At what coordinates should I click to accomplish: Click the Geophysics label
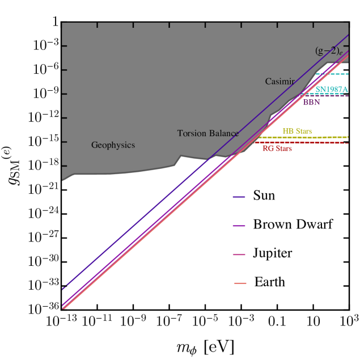113,145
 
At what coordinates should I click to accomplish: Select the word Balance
223,134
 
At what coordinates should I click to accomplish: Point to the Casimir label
279,82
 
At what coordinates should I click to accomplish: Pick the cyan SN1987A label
332,90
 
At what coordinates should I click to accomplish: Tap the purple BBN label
311,103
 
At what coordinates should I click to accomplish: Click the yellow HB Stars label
297,131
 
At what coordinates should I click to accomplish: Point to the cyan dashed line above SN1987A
334,74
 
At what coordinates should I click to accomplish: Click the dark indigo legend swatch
239,197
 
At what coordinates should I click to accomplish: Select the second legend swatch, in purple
239,226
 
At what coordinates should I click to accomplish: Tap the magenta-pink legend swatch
239,255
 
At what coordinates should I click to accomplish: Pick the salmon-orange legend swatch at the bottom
240,283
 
